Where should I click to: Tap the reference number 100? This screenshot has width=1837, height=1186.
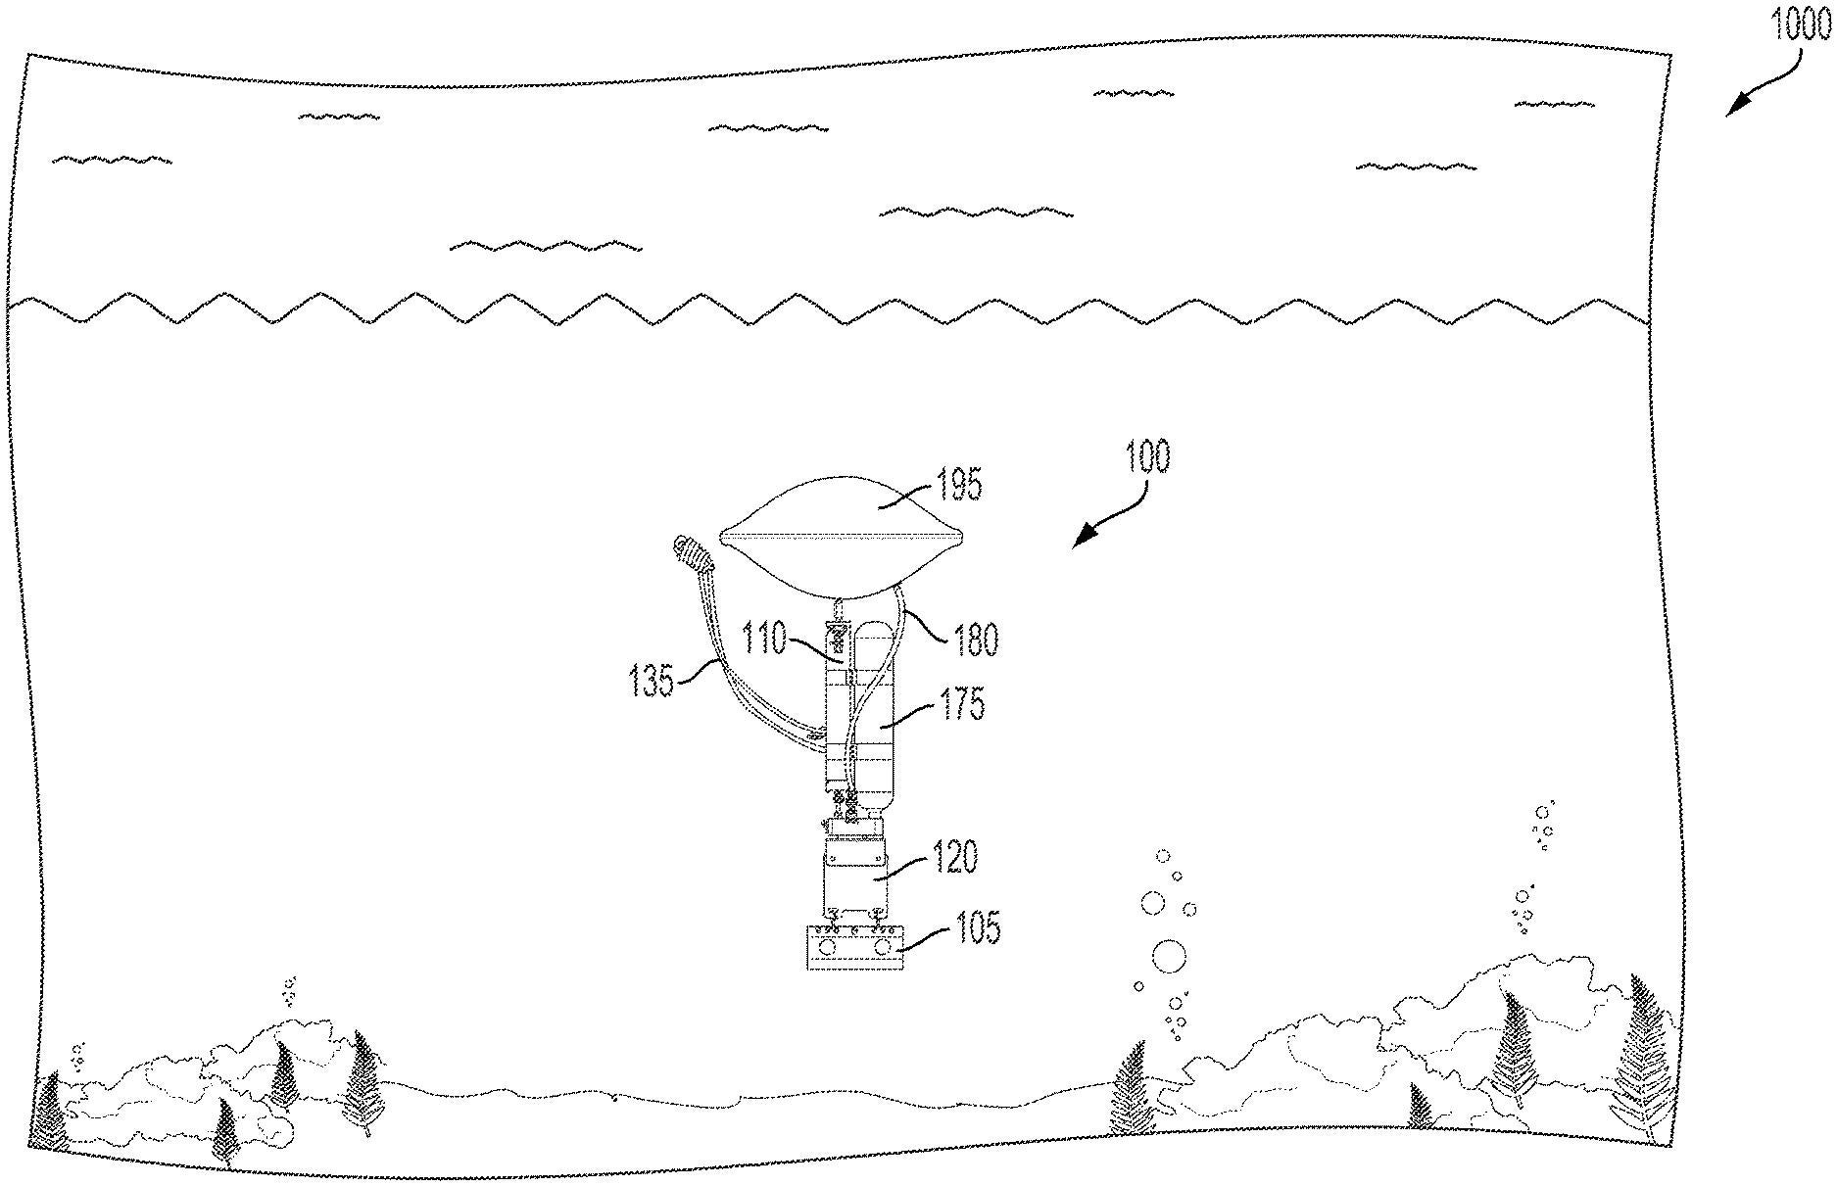[x=1145, y=457]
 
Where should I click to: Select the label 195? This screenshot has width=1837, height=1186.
[x=957, y=484]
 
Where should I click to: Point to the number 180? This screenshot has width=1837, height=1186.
[x=975, y=640]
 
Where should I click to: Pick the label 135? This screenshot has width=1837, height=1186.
[x=652, y=681]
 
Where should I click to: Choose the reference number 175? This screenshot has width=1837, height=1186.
[x=961, y=704]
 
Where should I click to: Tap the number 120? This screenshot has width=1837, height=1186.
[x=954, y=858]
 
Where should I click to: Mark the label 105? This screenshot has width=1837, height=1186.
[x=977, y=926]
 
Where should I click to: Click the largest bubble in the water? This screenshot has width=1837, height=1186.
[x=1168, y=956]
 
